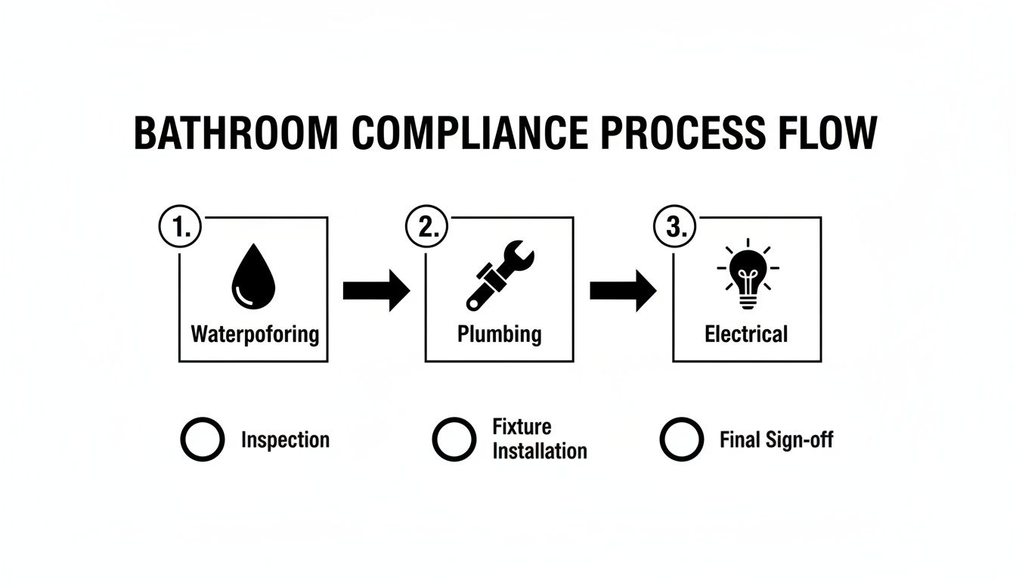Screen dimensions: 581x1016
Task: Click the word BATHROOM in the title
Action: [x=236, y=134]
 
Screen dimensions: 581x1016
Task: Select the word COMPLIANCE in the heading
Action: [x=469, y=134]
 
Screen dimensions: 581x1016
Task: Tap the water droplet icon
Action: [x=252, y=279]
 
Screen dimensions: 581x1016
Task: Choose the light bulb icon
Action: [x=747, y=275]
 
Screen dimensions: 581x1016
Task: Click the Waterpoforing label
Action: [x=255, y=334]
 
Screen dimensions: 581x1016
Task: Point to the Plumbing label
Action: [x=500, y=334]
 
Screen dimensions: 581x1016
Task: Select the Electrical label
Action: [x=746, y=334]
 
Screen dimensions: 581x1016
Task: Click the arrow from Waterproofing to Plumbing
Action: [x=376, y=290]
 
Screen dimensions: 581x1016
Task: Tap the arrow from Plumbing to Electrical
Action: [x=623, y=290]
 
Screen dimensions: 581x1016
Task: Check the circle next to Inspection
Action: [x=203, y=440]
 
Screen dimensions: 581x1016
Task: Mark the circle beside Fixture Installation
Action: [x=454, y=440]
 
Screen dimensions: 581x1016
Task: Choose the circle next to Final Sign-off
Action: [x=682, y=440]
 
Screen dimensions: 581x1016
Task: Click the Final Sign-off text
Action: [x=776, y=440]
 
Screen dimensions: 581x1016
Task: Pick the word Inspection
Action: [x=285, y=440]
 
